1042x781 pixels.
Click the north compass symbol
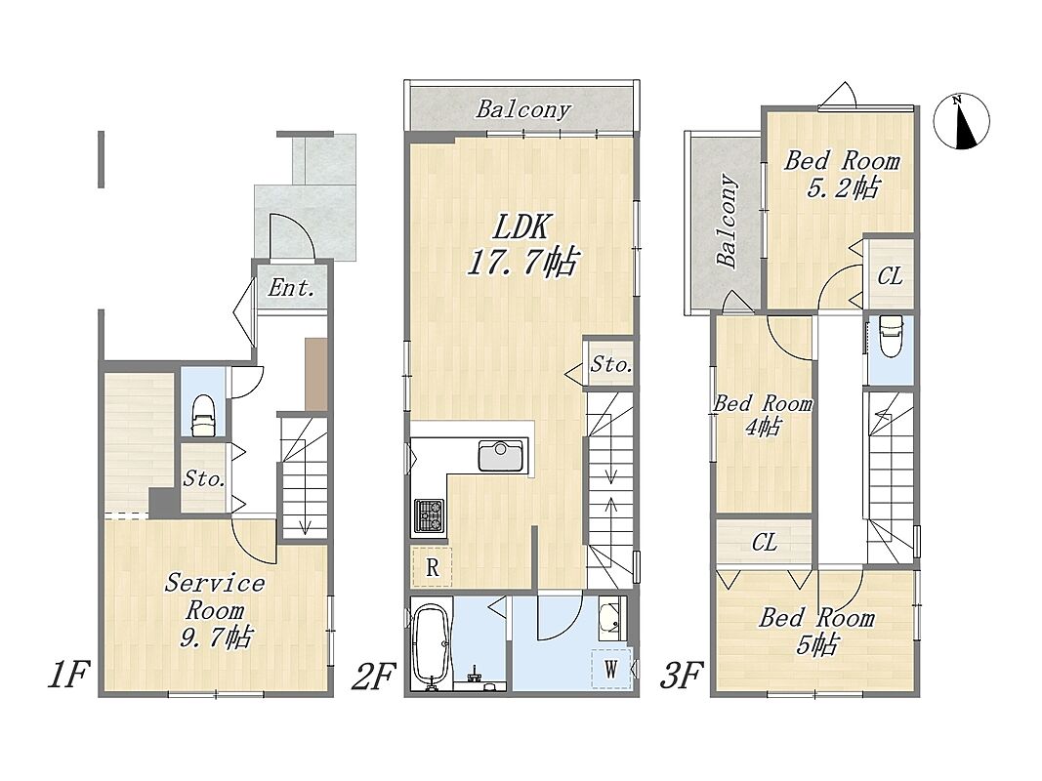[x=961, y=123]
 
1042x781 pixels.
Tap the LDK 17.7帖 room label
[x=522, y=245]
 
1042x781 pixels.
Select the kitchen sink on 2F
[x=500, y=456]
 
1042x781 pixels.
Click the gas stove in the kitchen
[x=429, y=516]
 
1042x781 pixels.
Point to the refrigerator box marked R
[x=432, y=567]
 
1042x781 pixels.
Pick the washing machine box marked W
[x=610, y=668]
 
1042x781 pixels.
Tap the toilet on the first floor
[x=202, y=417]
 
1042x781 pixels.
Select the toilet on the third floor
[x=889, y=336]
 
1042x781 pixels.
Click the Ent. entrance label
[x=291, y=288]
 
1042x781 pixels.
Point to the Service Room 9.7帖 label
[x=215, y=609]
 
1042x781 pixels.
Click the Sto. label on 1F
[x=203, y=478]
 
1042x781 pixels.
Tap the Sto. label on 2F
[x=610, y=363]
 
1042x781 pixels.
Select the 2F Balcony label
[x=523, y=109]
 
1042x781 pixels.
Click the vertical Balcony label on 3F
[x=727, y=221]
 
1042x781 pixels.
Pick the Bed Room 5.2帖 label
[x=842, y=174]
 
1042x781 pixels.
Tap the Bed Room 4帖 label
[x=763, y=414]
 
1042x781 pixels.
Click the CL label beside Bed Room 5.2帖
[x=890, y=275]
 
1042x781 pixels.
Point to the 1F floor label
[x=67, y=676]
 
